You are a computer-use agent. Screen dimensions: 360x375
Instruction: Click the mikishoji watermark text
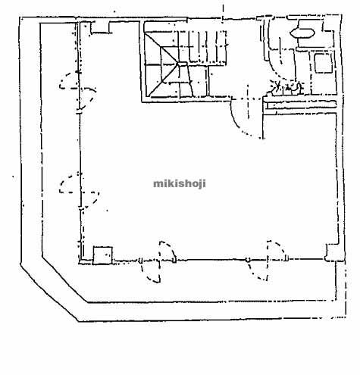click(180, 183)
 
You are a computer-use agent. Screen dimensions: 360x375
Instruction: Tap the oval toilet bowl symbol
click(302, 33)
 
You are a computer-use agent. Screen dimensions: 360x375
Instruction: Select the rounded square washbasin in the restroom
click(324, 64)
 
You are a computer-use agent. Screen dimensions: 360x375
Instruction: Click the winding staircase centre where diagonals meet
click(179, 64)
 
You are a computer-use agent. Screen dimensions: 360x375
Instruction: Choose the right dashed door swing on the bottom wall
click(268, 260)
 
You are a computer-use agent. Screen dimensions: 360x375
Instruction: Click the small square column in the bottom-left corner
click(102, 255)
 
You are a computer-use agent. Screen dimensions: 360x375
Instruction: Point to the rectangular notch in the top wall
click(100, 28)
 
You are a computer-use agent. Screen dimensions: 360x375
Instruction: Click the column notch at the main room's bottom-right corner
click(331, 252)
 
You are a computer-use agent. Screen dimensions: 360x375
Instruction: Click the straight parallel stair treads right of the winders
click(202, 47)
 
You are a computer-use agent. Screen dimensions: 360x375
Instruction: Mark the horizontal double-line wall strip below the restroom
click(301, 105)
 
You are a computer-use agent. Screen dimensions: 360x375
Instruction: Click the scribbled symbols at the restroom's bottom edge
click(286, 88)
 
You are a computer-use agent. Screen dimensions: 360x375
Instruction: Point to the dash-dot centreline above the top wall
click(223, 12)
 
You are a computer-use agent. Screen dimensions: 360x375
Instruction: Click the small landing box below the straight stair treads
click(193, 81)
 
